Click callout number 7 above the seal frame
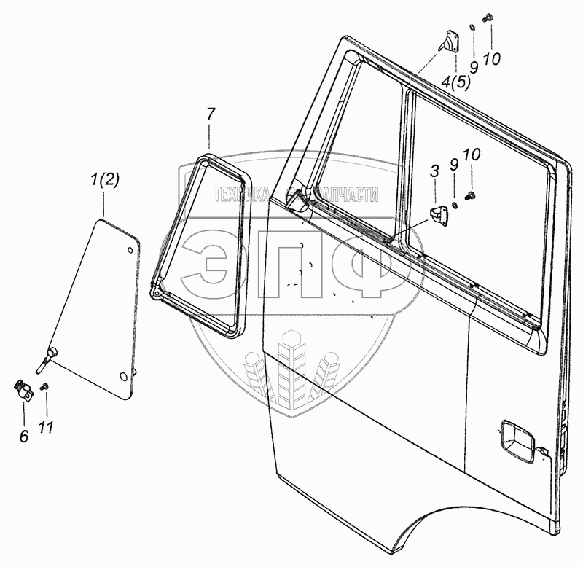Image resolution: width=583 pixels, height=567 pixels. tap(210, 114)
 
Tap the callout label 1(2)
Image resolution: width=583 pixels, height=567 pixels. tap(104, 181)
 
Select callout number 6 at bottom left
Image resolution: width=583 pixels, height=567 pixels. tap(24, 436)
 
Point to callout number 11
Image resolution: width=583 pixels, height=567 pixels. tap(46, 427)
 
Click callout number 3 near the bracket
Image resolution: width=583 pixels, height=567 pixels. tap(434, 171)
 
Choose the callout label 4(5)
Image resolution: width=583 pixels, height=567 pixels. tap(455, 82)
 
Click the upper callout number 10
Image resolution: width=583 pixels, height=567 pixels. tap(492, 59)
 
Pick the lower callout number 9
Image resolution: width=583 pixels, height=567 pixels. tap(454, 165)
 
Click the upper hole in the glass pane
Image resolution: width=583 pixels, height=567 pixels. tap(130, 251)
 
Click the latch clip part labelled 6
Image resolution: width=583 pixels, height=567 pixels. tap(24, 390)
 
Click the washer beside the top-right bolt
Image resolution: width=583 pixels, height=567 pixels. tap(472, 27)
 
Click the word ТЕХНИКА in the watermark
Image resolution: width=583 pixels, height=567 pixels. tap(240, 195)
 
